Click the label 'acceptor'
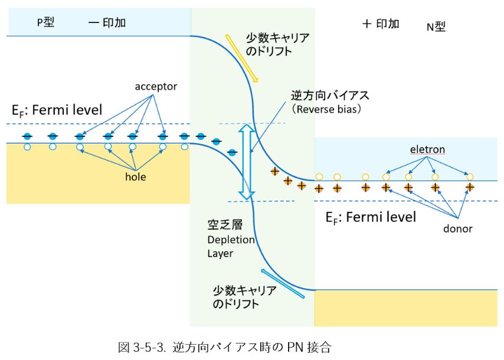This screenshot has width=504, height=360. pyautogui.click(x=156, y=87)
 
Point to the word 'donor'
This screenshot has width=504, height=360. pyautogui.click(x=458, y=228)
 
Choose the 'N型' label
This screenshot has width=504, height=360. pyautogui.click(x=436, y=26)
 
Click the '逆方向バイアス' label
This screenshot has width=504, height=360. pyautogui.click(x=334, y=95)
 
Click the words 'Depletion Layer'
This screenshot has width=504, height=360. pyautogui.click(x=230, y=247)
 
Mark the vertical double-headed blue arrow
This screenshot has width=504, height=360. pyautogui.click(x=246, y=161)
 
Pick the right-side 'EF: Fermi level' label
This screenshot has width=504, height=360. pyautogui.click(x=371, y=217)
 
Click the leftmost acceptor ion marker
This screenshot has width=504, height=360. pyautogui.click(x=27, y=137)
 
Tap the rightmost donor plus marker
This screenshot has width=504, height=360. pyautogui.click(x=470, y=188)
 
